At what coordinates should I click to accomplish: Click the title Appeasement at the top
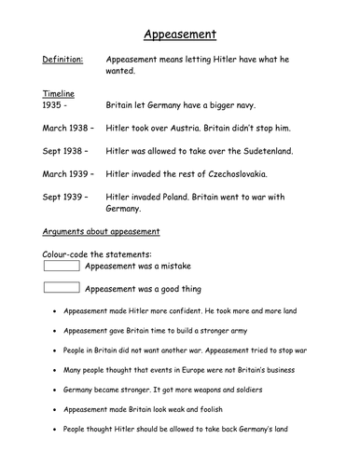point(180,35)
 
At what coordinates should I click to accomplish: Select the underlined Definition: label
point(62,60)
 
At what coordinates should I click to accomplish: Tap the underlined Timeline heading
point(61,94)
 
